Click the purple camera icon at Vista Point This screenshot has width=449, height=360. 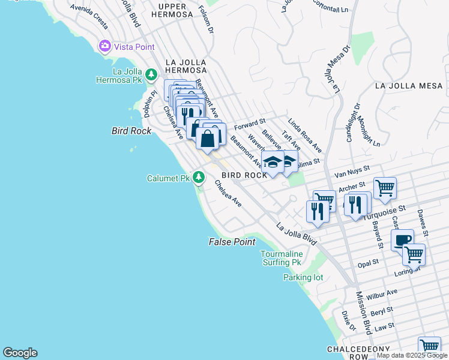(x=106, y=46)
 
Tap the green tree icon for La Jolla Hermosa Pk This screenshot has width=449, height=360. (x=152, y=74)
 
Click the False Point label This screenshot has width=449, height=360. (x=232, y=242)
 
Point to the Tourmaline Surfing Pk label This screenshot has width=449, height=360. (x=281, y=258)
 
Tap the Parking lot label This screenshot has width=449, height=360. (x=303, y=277)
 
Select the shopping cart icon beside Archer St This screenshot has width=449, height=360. (x=385, y=187)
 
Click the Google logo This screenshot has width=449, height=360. (x=20, y=353)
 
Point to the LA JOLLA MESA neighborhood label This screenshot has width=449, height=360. (x=409, y=86)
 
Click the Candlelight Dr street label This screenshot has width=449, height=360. (x=353, y=122)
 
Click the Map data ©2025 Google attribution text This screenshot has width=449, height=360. (x=412, y=355)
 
